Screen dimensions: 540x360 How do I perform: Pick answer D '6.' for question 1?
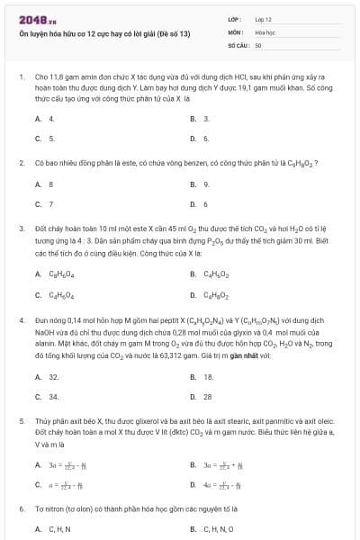pyautogui.click(x=205, y=139)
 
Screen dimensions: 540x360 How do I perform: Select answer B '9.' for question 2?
pyautogui.click(x=205, y=184)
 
